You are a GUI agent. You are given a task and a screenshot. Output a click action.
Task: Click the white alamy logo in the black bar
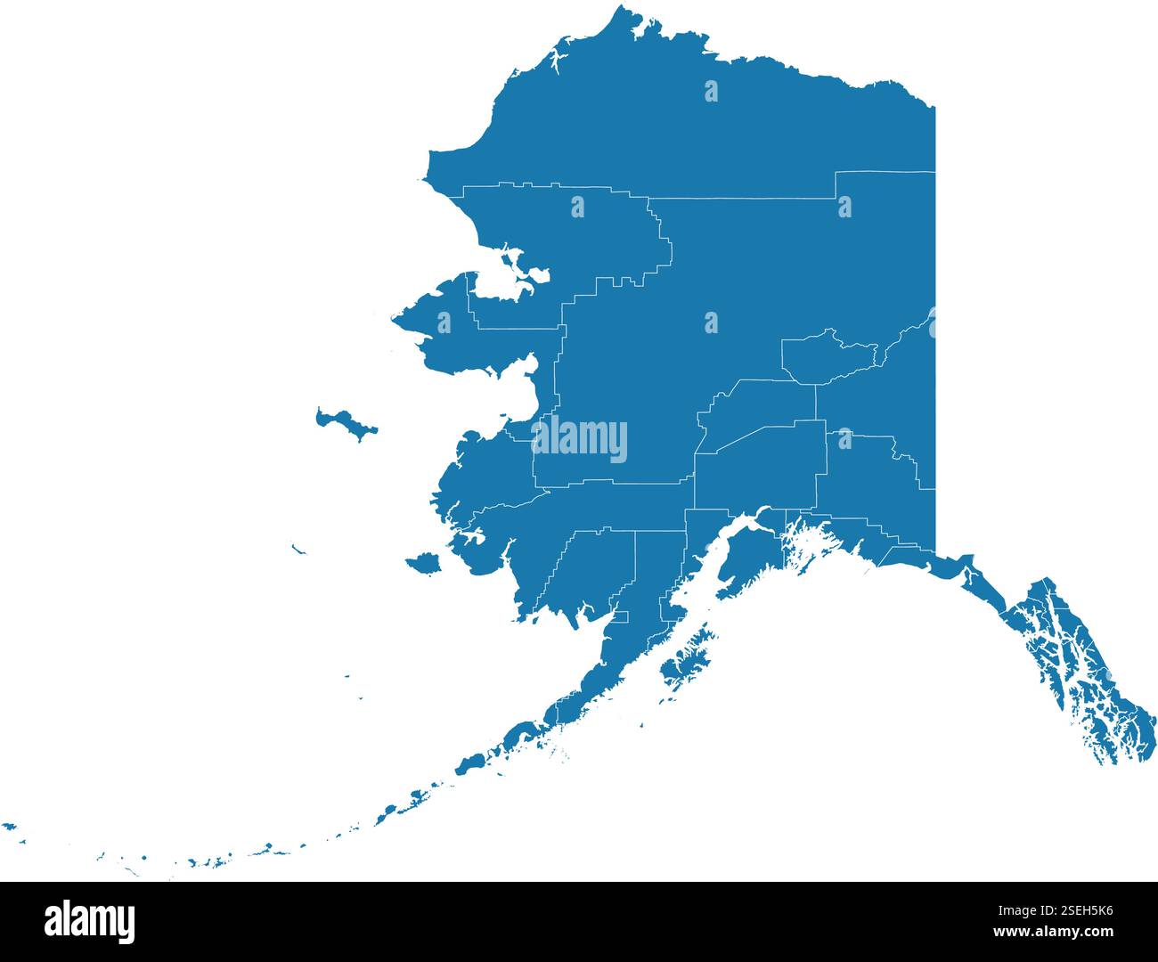pyautogui.click(x=89, y=921)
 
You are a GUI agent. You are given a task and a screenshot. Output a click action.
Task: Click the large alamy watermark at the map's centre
pyautogui.click(x=579, y=440)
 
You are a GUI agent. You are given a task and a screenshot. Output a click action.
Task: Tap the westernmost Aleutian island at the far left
pyautogui.click(x=9, y=827)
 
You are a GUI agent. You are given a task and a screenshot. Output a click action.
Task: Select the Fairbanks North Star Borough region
pyautogui.click(x=828, y=358)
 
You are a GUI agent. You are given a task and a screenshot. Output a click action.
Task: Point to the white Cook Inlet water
pyautogui.click(x=704, y=579)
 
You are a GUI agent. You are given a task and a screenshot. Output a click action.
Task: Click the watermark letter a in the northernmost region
pyautogui.click(x=711, y=91)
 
